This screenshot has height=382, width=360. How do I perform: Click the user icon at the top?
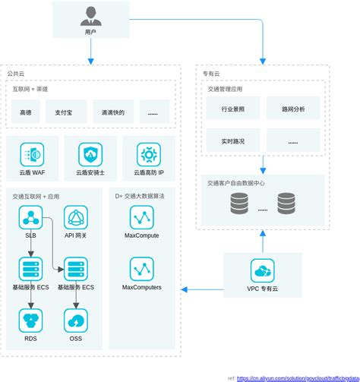90,15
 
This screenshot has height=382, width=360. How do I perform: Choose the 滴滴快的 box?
112,113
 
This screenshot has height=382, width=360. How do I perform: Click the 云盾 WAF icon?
32,155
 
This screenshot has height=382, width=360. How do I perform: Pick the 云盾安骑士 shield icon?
90,155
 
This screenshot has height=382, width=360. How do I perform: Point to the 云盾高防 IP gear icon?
149,155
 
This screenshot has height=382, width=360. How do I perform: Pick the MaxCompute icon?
141,219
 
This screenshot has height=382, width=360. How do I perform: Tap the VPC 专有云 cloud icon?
263,270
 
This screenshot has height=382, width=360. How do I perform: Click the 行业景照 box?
232,109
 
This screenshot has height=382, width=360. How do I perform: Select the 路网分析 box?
292,109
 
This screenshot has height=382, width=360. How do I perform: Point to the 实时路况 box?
232,141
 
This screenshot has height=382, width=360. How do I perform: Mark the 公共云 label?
16,74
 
